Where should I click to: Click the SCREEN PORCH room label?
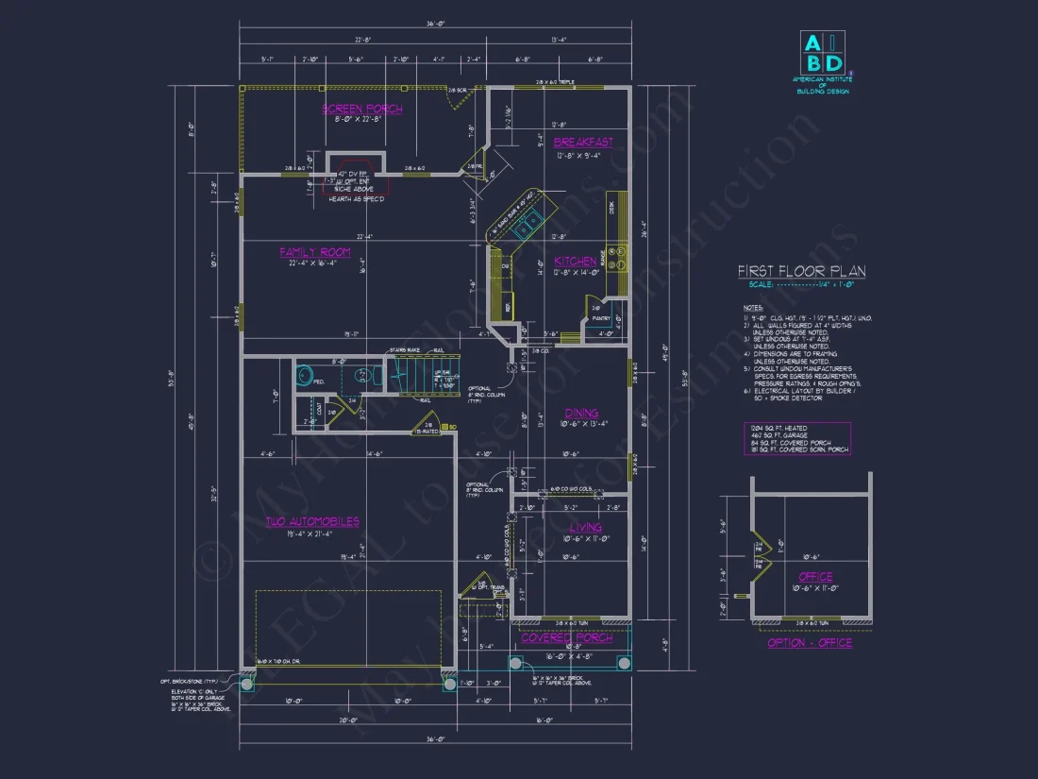[362, 110]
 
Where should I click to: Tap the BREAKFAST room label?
[583, 143]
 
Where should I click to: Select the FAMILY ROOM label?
[315, 252]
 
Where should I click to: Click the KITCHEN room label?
[575, 262]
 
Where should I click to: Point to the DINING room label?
[581, 413]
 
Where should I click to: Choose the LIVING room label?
[585, 527]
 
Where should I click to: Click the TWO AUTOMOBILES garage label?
[311, 522]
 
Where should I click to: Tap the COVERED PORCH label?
[567, 637]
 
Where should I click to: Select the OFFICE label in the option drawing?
[815, 576]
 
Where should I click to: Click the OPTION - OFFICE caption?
[810, 642]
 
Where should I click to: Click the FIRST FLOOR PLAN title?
[801, 272]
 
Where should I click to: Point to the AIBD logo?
[823, 55]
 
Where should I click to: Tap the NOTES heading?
[752, 308]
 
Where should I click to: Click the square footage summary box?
[796, 438]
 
